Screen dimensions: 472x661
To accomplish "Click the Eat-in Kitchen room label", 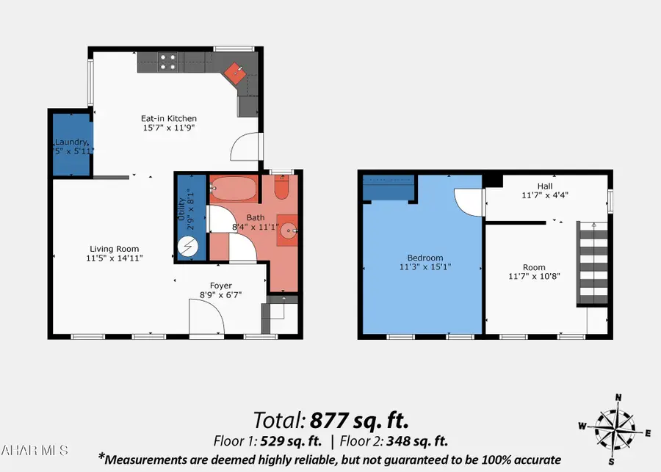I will point(169,118).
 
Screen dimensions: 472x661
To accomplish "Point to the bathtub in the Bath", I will point(234,189).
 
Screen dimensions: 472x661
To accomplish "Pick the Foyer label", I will point(221,286).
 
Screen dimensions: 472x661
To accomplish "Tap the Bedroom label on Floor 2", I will point(425,258).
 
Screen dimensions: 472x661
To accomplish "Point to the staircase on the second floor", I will point(592,264).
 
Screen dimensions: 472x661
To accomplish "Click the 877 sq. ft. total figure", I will point(358,421).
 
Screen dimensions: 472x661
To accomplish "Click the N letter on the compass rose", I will point(618,397).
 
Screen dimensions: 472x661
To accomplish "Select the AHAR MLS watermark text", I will point(35,449).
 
